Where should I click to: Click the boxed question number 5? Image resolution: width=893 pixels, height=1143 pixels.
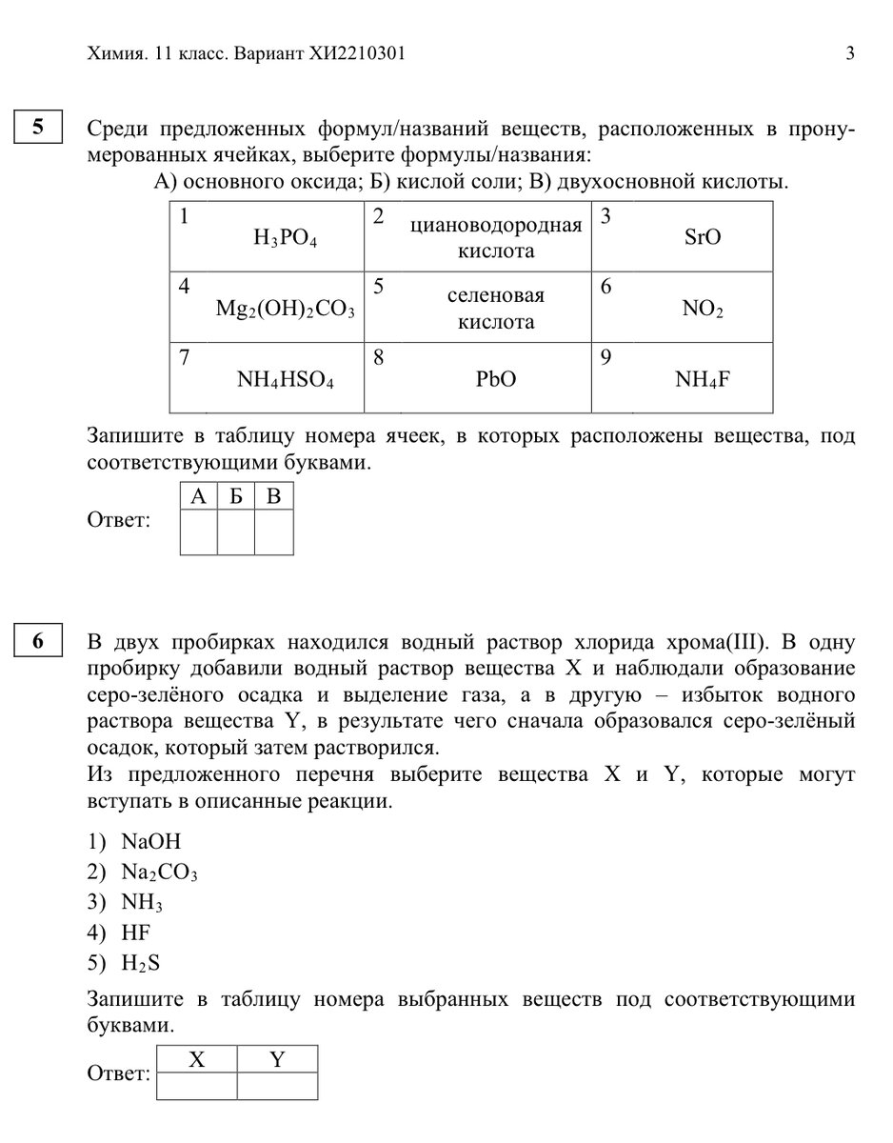click(38, 128)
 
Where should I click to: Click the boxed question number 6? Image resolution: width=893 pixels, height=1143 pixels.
click(38, 641)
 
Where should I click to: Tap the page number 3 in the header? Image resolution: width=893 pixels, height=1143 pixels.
click(849, 53)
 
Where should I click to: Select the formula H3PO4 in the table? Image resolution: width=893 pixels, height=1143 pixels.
click(285, 238)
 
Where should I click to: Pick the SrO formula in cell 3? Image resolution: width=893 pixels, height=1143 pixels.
click(703, 237)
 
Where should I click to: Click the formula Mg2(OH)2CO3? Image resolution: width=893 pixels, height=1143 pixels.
click(285, 309)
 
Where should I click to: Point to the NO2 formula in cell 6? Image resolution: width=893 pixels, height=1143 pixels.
click(703, 309)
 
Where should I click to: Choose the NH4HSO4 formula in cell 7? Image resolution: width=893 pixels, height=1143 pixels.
click(285, 379)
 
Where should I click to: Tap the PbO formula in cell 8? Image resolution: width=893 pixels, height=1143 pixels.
click(496, 379)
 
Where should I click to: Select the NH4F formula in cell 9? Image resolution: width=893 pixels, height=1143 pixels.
click(703, 379)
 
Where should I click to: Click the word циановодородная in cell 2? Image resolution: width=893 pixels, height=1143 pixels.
click(496, 226)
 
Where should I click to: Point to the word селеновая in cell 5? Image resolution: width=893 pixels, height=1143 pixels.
click(496, 296)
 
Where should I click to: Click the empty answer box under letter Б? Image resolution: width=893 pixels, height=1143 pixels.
click(236, 532)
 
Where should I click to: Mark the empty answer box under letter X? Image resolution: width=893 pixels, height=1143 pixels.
click(197, 1087)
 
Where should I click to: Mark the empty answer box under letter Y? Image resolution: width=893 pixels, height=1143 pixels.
click(277, 1087)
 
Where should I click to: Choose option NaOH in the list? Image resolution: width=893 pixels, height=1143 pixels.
click(150, 842)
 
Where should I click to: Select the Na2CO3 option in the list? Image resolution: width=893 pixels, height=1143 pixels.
click(159, 872)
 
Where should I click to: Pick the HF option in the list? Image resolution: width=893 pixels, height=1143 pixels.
click(136, 932)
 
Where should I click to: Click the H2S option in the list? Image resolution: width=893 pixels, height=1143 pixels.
click(140, 963)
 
